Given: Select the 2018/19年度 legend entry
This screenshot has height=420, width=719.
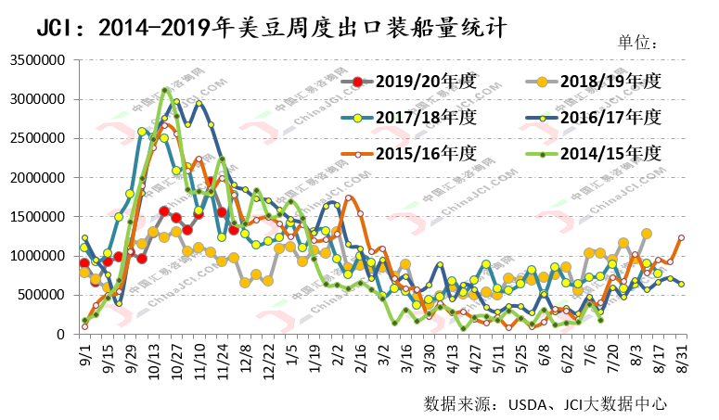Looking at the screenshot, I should pyautogui.click(x=609, y=82).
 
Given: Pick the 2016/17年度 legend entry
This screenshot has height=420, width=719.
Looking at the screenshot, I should pyautogui.click(x=609, y=118).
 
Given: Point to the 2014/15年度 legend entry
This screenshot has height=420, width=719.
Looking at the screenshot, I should pyautogui.click(x=609, y=153).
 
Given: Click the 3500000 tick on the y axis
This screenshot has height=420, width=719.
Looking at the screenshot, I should pyautogui.click(x=36, y=59).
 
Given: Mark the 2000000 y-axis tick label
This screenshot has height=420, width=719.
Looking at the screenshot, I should pyautogui.click(x=36, y=177).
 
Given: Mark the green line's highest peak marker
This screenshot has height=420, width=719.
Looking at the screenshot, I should pyautogui.click(x=165, y=91).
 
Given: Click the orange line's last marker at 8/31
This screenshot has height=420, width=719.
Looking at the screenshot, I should pyautogui.click(x=681, y=237).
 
